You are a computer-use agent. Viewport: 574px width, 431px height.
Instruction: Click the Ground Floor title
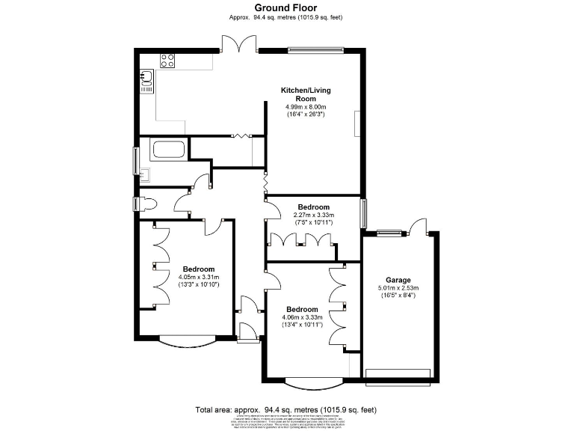tap(286, 8)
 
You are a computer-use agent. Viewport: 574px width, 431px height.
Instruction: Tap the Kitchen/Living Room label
tap(305, 94)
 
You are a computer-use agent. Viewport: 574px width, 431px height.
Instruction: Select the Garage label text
tap(398, 280)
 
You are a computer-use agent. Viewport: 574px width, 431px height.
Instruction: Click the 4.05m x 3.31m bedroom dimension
tap(198, 278)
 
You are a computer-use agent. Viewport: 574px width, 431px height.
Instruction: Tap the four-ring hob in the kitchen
tap(167, 61)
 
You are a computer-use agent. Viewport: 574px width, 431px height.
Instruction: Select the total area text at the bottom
tap(286, 409)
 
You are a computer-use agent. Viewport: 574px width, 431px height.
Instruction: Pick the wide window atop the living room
tap(316, 51)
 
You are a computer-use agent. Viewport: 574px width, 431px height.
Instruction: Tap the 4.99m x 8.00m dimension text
tap(305, 107)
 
